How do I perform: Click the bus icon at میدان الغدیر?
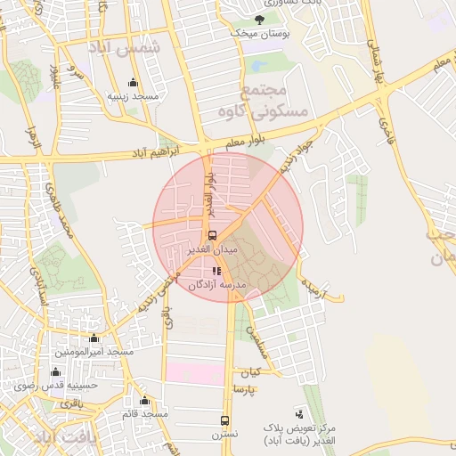tap(212, 236)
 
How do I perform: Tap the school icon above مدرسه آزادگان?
tap(216, 271)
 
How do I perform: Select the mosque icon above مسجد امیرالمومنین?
tap(94, 338)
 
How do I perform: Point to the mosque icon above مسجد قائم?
tap(144, 400)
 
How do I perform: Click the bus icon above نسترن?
tap(224, 420)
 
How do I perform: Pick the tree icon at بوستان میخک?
tap(259, 20)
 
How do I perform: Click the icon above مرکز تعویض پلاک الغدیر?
tap(298, 414)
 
